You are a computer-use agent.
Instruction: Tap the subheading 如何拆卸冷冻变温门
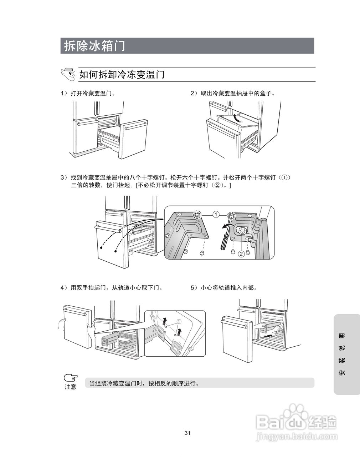point(122,75)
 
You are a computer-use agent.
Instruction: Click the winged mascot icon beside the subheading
point(68,74)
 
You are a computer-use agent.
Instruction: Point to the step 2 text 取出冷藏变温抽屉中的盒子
point(233,94)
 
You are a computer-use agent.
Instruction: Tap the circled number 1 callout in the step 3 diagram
point(216,215)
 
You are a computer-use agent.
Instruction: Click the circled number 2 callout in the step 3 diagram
point(241,254)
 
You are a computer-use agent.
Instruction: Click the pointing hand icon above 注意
point(71,378)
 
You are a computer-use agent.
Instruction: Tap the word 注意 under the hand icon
point(71,387)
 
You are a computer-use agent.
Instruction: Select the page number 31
point(187,433)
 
